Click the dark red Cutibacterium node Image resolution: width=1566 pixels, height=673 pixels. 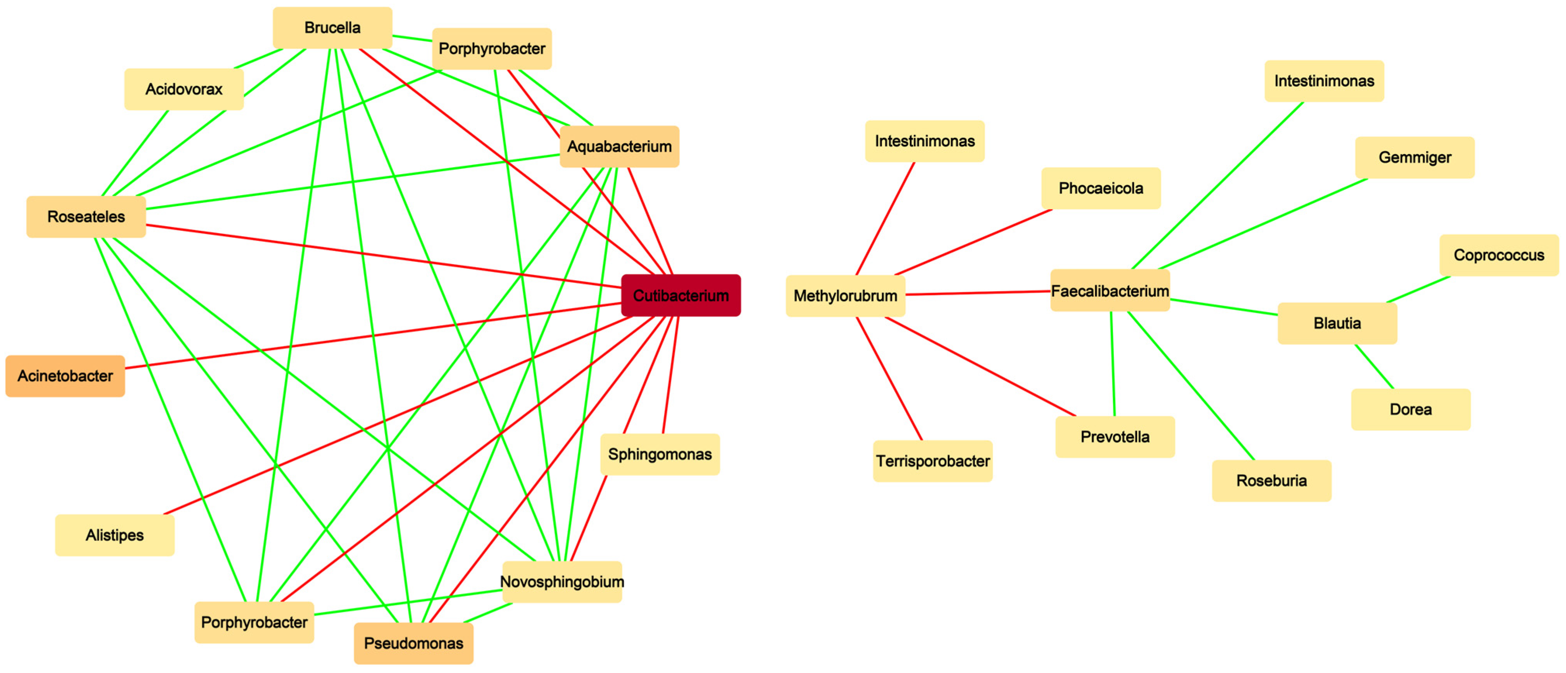(681, 296)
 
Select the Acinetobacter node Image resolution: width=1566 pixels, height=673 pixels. (65, 376)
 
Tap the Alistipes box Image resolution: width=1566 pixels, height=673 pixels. (115, 535)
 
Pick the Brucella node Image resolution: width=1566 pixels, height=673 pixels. (332, 28)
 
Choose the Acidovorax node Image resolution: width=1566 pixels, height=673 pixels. (184, 89)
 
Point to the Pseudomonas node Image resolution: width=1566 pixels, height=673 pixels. (413, 643)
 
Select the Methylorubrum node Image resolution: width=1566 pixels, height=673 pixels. (845, 296)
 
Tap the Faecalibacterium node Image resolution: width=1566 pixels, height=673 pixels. (1110, 291)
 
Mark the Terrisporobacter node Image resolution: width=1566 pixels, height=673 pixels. (932, 461)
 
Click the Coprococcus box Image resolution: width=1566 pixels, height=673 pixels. (1499, 255)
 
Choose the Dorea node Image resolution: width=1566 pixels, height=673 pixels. (1410, 409)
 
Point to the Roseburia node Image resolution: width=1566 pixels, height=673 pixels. (1271, 481)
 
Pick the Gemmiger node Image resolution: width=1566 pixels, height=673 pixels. (1414, 157)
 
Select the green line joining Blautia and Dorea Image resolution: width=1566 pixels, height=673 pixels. (1374, 366)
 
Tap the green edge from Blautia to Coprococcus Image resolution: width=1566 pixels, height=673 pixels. (1418, 289)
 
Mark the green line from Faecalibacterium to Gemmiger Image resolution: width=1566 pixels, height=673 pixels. (1263, 223)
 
